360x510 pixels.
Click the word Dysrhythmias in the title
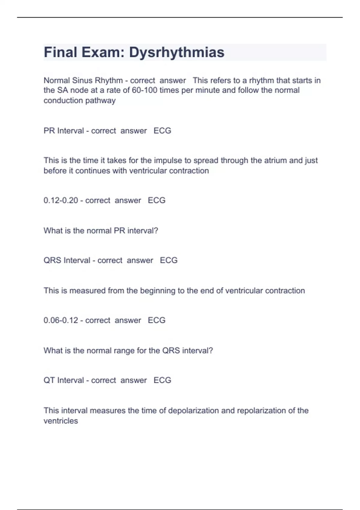tap(177, 52)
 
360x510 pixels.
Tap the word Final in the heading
tap(60, 52)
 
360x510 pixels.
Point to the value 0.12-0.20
tap(61, 200)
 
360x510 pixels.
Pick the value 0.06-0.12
tap(61, 320)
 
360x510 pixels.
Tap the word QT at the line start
tap(49, 380)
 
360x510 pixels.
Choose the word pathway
tap(100, 100)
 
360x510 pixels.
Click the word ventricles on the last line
tap(61, 421)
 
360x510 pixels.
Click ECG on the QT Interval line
tap(162, 380)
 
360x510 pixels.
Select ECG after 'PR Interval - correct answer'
tap(162, 131)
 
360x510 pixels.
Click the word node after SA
tap(78, 90)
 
